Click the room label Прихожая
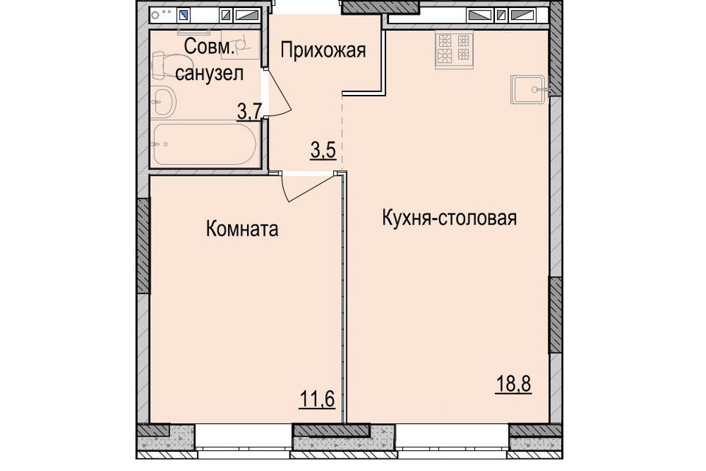(323, 51)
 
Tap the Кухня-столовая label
(449, 218)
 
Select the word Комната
(242, 229)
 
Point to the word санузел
(210, 73)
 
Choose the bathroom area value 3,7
(249, 112)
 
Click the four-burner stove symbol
(454, 49)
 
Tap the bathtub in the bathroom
(205, 144)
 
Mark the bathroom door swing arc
(281, 96)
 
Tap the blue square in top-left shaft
(183, 15)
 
